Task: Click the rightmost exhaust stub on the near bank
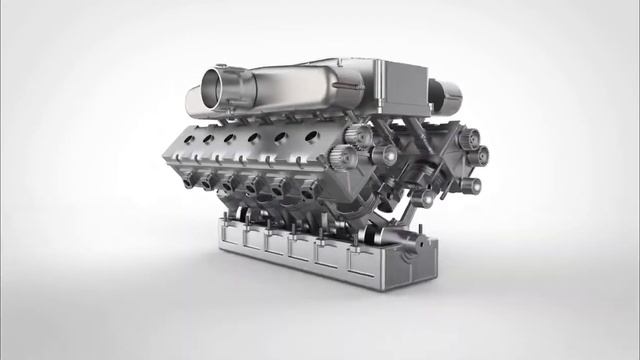tap(300, 193)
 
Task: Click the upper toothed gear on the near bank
tap(361, 135)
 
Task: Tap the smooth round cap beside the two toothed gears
tap(381, 156)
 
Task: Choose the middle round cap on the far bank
tap(478, 155)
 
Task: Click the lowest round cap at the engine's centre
tap(424, 198)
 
